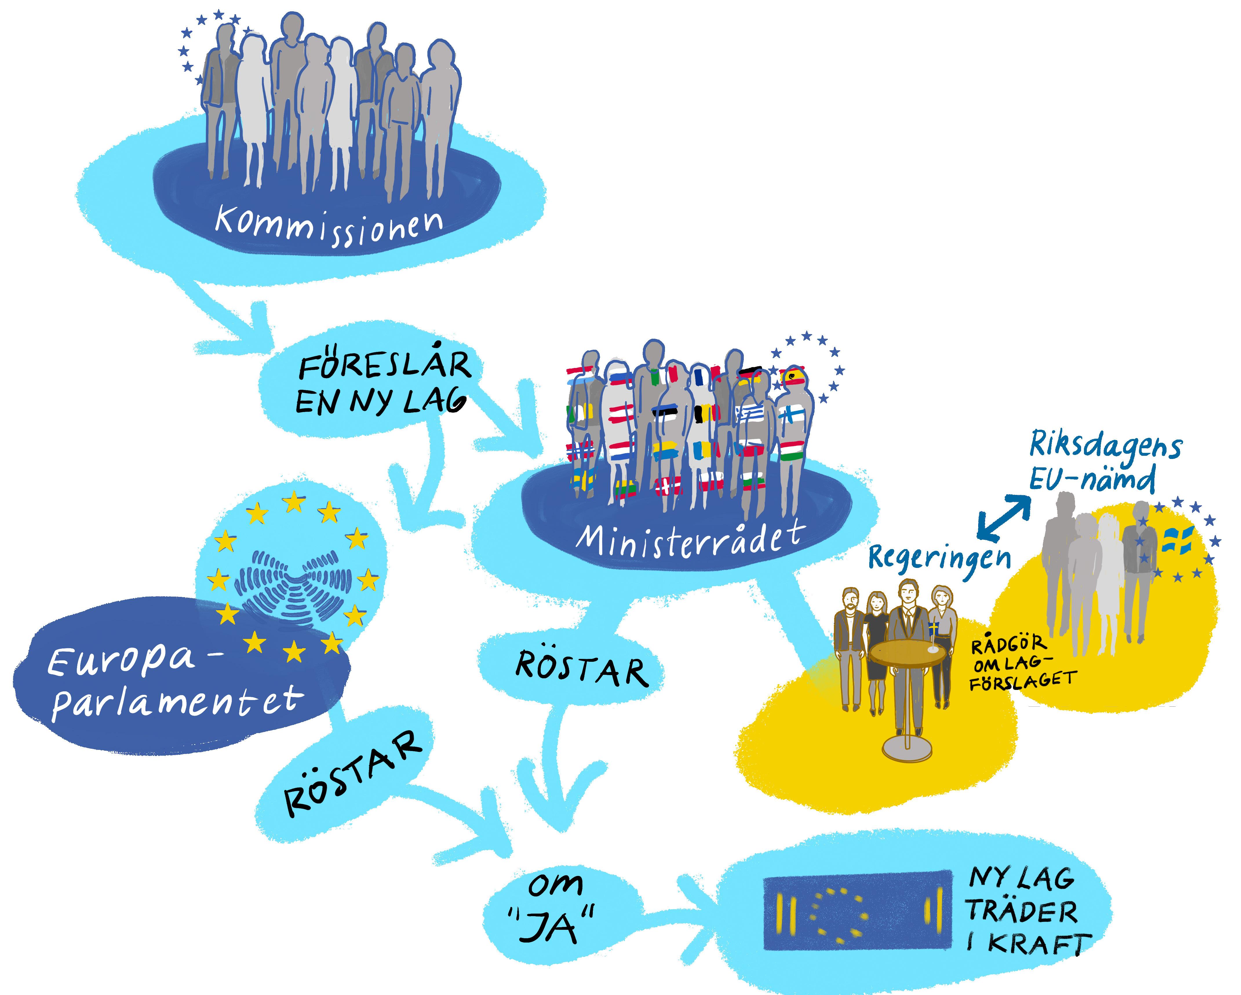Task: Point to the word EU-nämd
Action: pos(1091,479)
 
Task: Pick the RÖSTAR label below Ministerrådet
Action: pos(581,669)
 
